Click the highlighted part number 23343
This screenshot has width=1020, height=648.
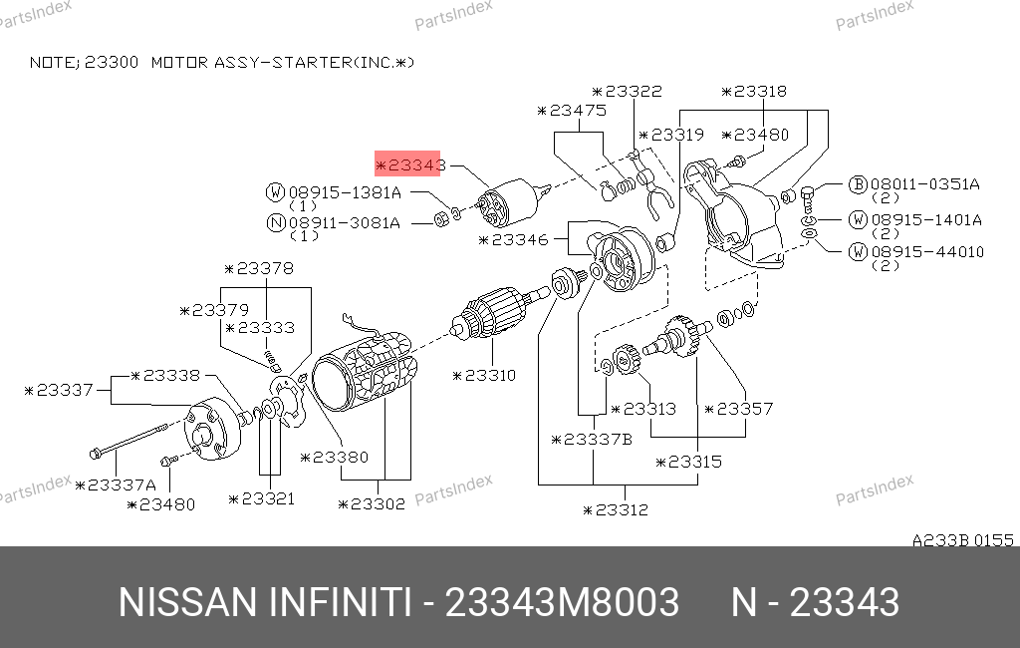(410, 164)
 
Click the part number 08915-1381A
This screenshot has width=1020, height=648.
(345, 192)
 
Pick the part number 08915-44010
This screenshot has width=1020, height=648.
(927, 252)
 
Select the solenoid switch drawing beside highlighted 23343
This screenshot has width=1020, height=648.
(514, 202)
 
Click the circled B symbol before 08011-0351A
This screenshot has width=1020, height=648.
(858, 184)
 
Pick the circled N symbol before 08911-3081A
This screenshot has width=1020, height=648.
(277, 223)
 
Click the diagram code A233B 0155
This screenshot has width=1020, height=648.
(963, 540)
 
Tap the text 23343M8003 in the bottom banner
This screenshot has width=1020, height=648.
(562, 602)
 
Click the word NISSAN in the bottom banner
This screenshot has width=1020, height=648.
(188, 602)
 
